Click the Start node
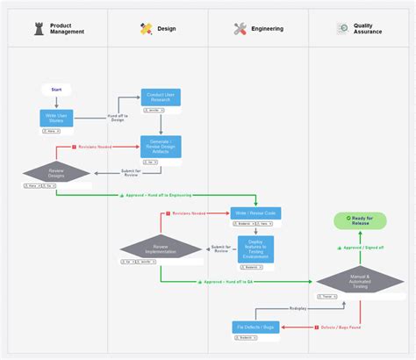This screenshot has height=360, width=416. (x=56, y=90)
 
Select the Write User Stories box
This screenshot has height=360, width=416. (x=56, y=118)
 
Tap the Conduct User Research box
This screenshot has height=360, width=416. (x=161, y=97)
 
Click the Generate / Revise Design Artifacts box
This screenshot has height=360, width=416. (x=161, y=147)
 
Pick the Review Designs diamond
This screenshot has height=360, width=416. (x=56, y=173)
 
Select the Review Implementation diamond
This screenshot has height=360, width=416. (x=161, y=248)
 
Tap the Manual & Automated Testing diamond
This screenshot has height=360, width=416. (x=359, y=281)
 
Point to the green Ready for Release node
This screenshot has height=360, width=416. (x=359, y=220)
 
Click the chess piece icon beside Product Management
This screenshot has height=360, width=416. (x=39, y=28)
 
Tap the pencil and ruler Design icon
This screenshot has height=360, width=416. (x=146, y=28)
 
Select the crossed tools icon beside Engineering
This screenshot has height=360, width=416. (x=240, y=28)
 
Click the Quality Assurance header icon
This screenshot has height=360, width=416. (x=342, y=28)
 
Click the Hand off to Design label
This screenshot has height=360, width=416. (x=117, y=117)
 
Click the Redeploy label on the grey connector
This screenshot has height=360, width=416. (x=298, y=307)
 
